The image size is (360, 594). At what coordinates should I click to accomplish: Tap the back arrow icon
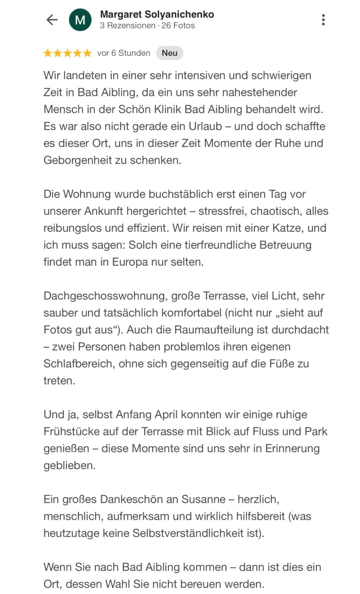52,20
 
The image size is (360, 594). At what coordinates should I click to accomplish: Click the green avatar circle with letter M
80,20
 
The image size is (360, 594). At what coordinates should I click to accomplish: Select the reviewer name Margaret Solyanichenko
157,14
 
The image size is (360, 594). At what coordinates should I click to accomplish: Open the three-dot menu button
323,20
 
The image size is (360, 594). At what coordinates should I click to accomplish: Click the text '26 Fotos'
178,25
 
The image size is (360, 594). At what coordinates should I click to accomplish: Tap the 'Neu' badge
169,53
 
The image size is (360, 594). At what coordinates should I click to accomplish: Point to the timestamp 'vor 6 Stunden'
124,53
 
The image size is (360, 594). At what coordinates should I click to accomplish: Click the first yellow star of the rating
48,53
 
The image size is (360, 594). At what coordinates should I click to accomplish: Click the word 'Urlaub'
205,126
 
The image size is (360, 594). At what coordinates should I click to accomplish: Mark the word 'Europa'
130,262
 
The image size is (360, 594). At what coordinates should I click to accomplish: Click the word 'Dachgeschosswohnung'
104,296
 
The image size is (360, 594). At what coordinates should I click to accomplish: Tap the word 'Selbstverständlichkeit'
188,533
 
